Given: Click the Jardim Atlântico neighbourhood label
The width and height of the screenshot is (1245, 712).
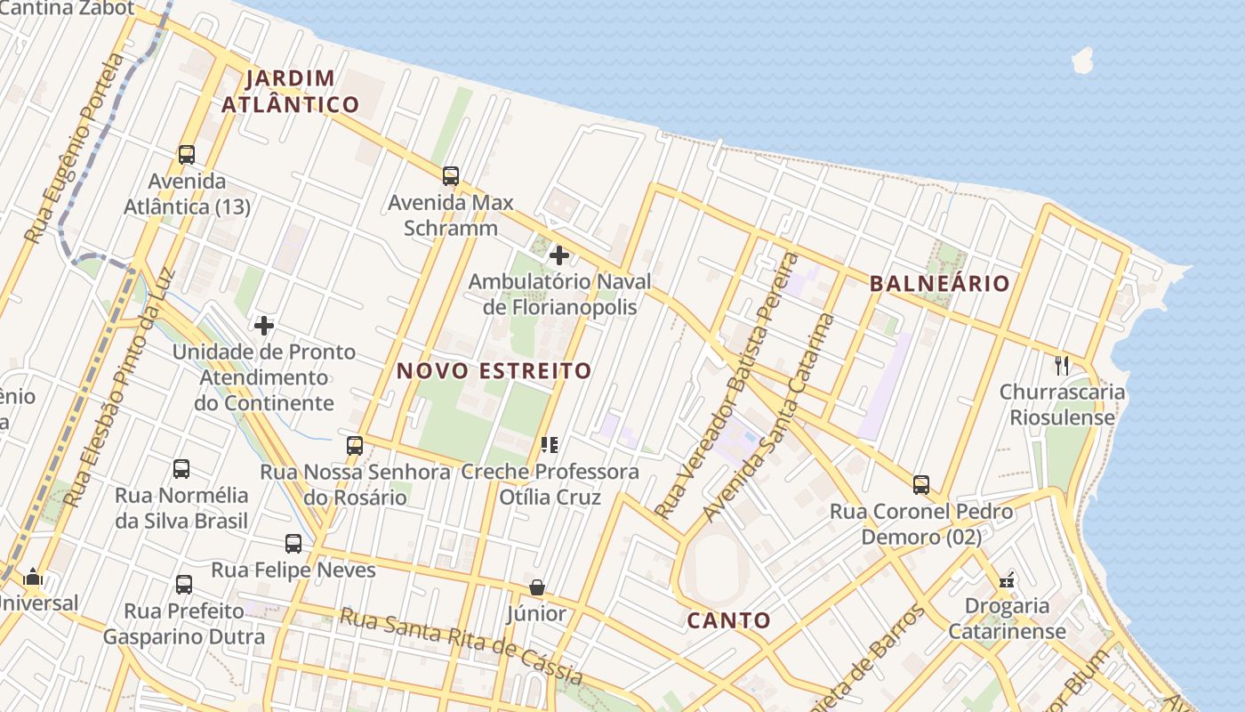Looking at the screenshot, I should [x=290, y=91].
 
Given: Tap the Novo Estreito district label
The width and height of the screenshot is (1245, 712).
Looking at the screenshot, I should [x=494, y=370].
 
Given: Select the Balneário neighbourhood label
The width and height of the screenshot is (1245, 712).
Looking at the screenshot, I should [x=939, y=284].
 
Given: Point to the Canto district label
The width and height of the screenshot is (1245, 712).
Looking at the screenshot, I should [x=728, y=620].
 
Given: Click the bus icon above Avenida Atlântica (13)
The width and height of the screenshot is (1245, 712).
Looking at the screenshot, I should [x=187, y=154].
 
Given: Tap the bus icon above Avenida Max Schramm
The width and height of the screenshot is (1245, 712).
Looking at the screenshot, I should [x=451, y=175].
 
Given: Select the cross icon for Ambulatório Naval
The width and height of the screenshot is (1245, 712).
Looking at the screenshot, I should [x=559, y=256].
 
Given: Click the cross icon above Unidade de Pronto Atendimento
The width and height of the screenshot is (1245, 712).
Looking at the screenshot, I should [x=264, y=326].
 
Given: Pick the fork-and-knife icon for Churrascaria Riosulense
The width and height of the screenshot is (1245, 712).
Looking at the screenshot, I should [x=1061, y=365].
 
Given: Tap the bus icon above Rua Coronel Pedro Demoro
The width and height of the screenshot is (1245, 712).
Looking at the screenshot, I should [x=921, y=485].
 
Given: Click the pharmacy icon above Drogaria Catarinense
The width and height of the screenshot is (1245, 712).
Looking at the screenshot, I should [x=1007, y=580].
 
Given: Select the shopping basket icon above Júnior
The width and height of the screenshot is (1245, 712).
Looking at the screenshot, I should [x=537, y=587].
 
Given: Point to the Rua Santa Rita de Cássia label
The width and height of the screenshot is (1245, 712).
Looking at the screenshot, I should [x=462, y=647].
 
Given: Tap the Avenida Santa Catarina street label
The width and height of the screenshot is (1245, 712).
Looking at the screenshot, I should [x=769, y=418].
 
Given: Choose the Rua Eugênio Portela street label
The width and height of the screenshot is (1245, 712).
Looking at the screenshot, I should [x=75, y=149].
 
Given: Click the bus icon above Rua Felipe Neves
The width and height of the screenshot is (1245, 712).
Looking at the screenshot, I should [x=293, y=543].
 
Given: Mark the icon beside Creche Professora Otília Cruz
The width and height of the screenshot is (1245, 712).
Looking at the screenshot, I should [x=549, y=444].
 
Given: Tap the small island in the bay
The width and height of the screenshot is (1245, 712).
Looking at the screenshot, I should [x=1082, y=61].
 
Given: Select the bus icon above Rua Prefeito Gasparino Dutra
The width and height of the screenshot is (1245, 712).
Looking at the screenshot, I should [x=184, y=585].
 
